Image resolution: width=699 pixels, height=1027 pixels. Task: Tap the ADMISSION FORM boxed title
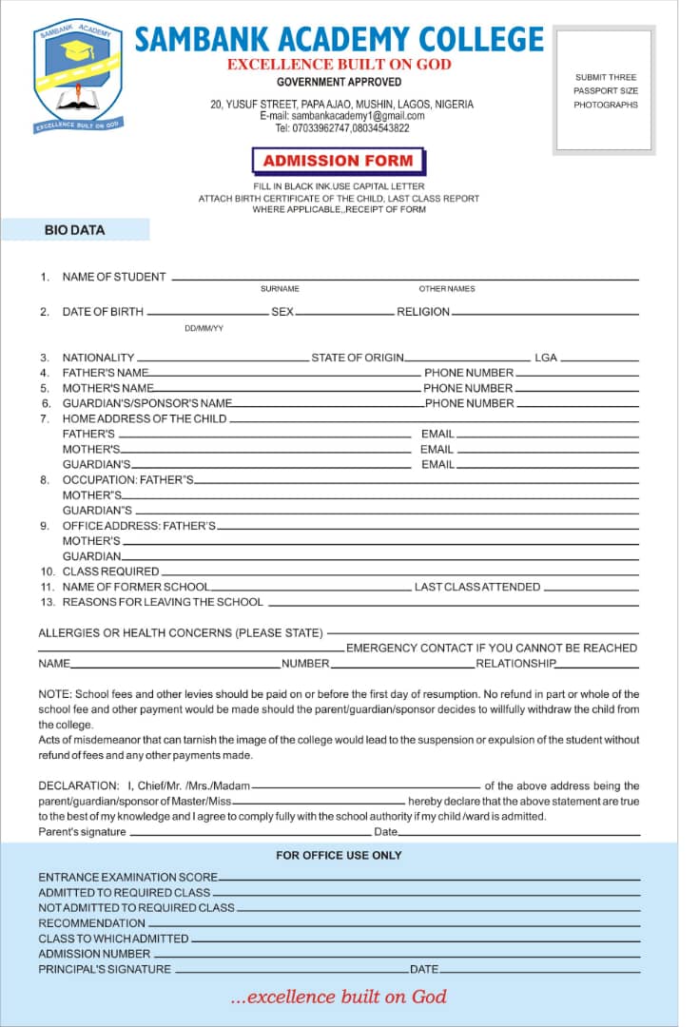pyautogui.click(x=338, y=161)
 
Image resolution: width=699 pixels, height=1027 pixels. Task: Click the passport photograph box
pyautogui.click(x=605, y=90)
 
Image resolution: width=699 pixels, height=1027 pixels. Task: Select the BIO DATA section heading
pyautogui.click(x=74, y=230)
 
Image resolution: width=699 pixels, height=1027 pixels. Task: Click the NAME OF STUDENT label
pyautogui.click(x=114, y=277)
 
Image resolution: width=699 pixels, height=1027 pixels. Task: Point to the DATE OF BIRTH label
pyautogui.click(x=103, y=312)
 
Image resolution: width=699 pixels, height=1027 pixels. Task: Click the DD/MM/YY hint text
pyautogui.click(x=204, y=328)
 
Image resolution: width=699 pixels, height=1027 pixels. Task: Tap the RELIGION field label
pyautogui.click(x=423, y=312)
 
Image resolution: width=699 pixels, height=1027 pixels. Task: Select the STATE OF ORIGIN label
pyautogui.click(x=358, y=358)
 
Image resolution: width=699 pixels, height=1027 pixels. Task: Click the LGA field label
pyautogui.click(x=546, y=358)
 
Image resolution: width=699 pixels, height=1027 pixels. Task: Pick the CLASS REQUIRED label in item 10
pyautogui.click(x=110, y=572)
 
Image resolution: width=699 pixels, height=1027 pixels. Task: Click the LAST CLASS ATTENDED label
pyautogui.click(x=477, y=587)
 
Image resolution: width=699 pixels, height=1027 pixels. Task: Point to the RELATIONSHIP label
pyautogui.click(x=515, y=663)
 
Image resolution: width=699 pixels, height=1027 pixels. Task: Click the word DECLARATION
pyautogui.click(x=78, y=785)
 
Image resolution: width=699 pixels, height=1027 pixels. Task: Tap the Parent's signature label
pyautogui.click(x=82, y=832)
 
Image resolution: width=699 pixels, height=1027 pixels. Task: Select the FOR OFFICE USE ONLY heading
pyautogui.click(x=339, y=855)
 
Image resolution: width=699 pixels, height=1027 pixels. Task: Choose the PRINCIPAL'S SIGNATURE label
pyautogui.click(x=105, y=969)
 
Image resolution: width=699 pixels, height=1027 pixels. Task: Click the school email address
pyautogui.click(x=342, y=115)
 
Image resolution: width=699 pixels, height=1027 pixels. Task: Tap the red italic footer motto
pyautogui.click(x=338, y=997)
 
